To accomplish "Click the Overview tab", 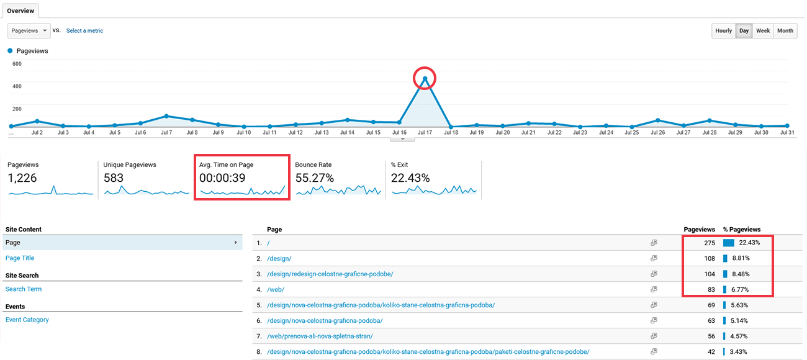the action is [x=20, y=11].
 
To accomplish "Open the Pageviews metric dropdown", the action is [x=29, y=30].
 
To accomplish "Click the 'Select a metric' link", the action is [x=84, y=30].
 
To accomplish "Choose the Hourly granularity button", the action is [x=723, y=30].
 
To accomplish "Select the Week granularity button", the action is [x=763, y=30].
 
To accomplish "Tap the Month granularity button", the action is [x=785, y=30].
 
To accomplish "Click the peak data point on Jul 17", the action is [x=425, y=78].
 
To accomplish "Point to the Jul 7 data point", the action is [x=166, y=116].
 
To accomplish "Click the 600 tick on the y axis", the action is [x=17, y=64].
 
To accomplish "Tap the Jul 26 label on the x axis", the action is [x=657, y=133].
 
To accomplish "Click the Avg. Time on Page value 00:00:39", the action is [x=222, y=178].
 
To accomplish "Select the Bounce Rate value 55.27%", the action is [x=315, y=178].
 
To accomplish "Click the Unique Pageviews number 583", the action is [x=114, y=178].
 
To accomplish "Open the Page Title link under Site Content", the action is [x=20, y=258].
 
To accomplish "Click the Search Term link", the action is [x=24, y=289].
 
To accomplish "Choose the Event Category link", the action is [x=27, y=320].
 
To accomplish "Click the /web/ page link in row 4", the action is [x=276, y=289].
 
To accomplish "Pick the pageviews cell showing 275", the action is [x=710, y=243].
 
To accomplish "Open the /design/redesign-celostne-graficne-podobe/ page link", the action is [x=330, y=274].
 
